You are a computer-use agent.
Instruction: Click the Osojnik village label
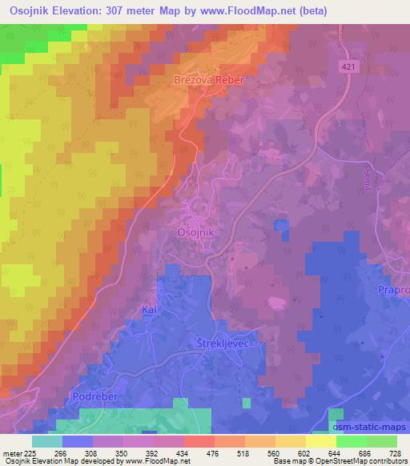click(x=195, y=231)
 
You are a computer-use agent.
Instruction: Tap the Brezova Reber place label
click(x=207, y=81)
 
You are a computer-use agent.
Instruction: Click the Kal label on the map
click(x=147, y=307)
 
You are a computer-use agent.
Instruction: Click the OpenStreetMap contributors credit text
click(x=364, y=462)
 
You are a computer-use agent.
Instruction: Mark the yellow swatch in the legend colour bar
click(x=321, y=441)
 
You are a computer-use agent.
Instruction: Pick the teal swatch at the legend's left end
click(x=47, y=441)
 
